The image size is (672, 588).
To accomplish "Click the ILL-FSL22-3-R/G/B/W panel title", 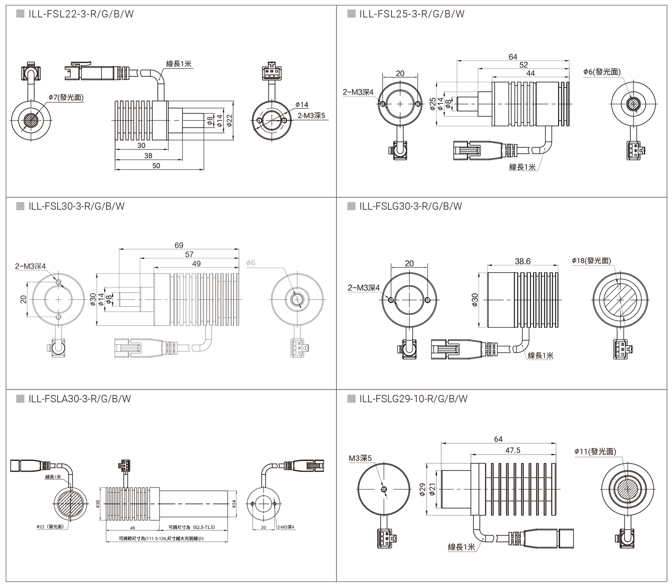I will pos(81,14).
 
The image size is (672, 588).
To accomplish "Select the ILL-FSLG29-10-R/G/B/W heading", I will pos(413,399).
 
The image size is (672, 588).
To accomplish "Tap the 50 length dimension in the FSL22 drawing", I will pos(156,165).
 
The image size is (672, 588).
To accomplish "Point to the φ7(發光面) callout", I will pos(66,97).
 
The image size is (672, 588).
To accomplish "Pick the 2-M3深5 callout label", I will pos(311,116).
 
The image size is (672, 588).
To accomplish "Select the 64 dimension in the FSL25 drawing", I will pos(513,57).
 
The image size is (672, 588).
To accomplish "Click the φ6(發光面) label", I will pos(602,72).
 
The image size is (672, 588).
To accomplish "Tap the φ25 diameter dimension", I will pos(432,104).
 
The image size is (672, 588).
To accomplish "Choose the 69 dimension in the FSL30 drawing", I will pos(179,245).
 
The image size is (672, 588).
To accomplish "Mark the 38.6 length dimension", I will pos(522,261).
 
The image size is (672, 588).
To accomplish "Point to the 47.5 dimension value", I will pos(513,450).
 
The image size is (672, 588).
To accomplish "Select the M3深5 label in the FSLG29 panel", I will pos(360,458).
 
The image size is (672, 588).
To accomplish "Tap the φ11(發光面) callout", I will pos(595,451).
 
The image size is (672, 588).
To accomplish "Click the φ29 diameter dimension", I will pos(422,490).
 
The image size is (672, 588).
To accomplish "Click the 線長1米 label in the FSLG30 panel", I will pos(540,355).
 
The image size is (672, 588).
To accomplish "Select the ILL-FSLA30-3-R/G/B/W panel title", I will pos(79,399).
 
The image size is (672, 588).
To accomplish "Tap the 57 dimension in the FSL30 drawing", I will pos(189,254).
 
